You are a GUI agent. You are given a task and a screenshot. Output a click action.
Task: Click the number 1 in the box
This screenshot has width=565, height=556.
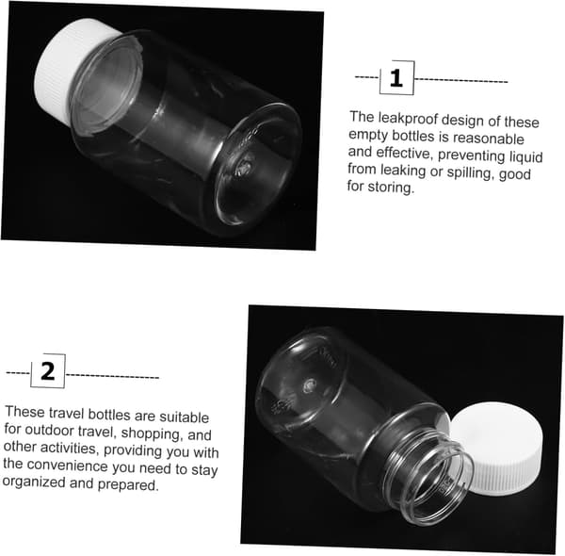pos(396,78)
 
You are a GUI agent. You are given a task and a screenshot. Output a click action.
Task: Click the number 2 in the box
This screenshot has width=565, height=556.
pos(48,371)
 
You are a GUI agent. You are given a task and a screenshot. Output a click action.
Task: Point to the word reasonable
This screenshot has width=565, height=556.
pos(488,139)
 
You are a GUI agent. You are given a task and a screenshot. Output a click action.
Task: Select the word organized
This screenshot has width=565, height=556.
pos(34,482)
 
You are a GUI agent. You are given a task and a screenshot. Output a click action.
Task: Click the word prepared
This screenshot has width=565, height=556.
pos(128,484)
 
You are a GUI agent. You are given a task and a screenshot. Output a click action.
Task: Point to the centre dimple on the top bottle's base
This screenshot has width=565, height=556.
pos(244,167)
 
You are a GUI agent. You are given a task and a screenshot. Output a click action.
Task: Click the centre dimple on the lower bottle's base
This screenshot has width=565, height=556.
pos(309,385)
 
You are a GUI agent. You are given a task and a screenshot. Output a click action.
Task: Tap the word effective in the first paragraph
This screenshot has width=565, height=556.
pos(404,153)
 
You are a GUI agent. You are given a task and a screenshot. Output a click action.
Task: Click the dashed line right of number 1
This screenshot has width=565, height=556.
pos(460,80)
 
